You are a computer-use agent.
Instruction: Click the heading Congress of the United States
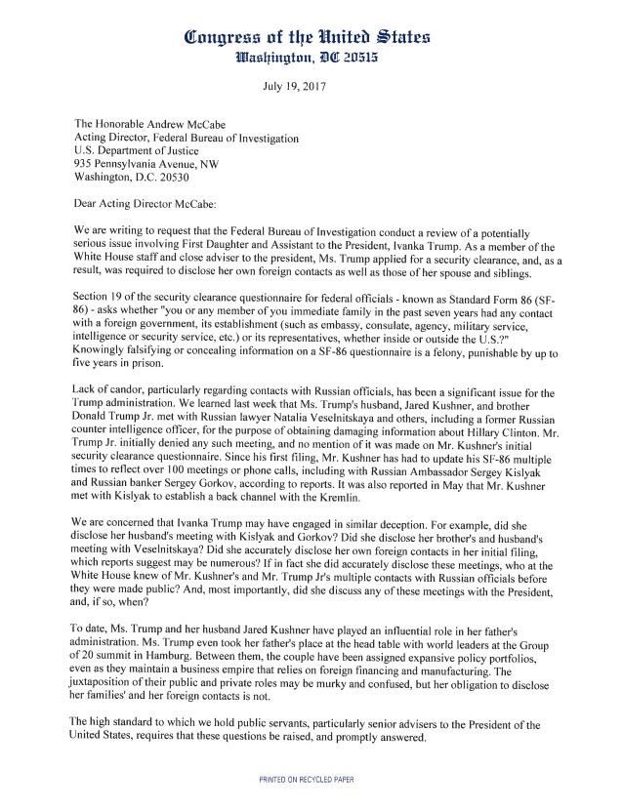[x=311, y=39]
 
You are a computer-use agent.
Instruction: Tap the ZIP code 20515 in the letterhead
[x=365, y=60]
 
